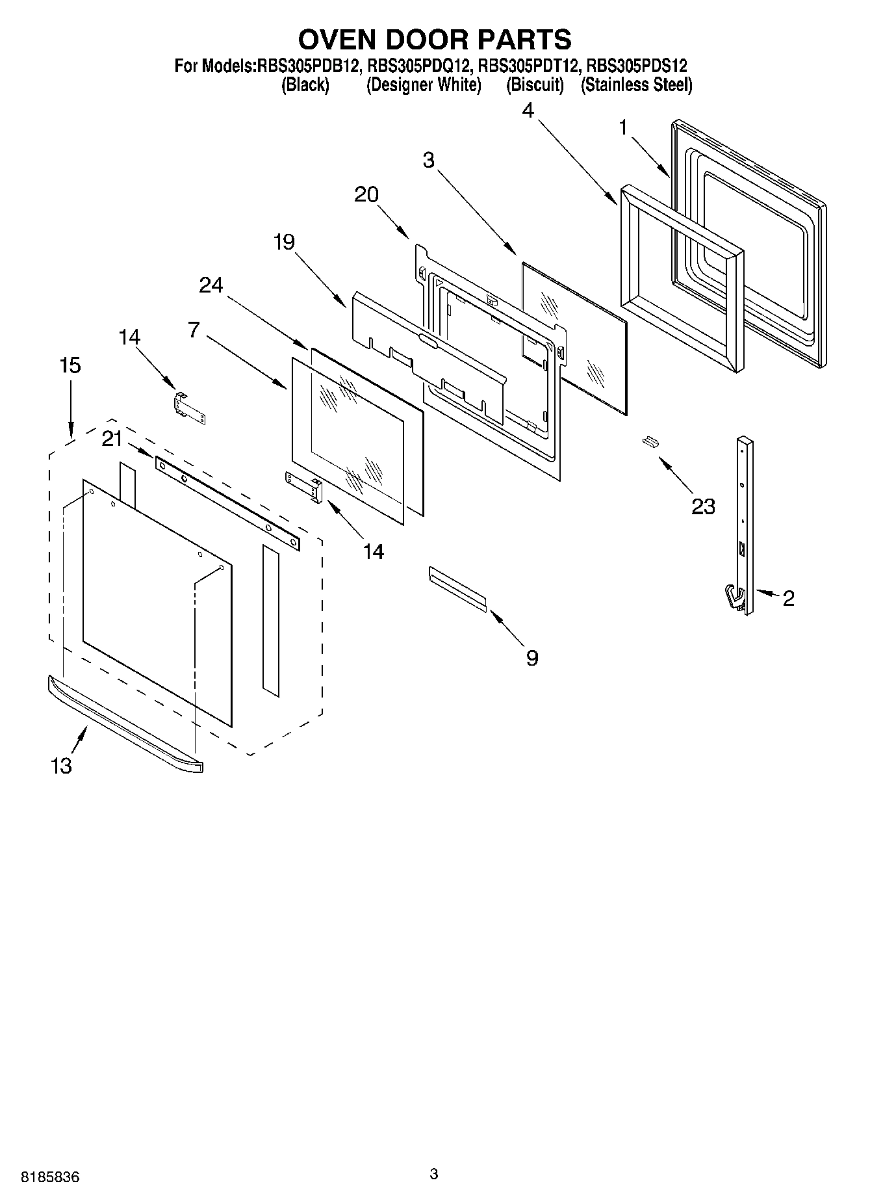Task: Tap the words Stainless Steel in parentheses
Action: [636, 85]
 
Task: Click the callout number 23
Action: [703, 506]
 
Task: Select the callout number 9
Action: [532, 659]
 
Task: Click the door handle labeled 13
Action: [123, 724]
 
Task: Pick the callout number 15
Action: [70, 365]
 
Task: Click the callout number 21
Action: [112, 439]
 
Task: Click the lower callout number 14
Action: [373, 552]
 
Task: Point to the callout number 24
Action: [211, 285]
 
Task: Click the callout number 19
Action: [283, 242]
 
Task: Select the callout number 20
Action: [366, 194]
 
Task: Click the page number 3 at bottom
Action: [434, 1173]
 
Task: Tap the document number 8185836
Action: [51, 1177]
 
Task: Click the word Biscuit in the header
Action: [535, 85]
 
